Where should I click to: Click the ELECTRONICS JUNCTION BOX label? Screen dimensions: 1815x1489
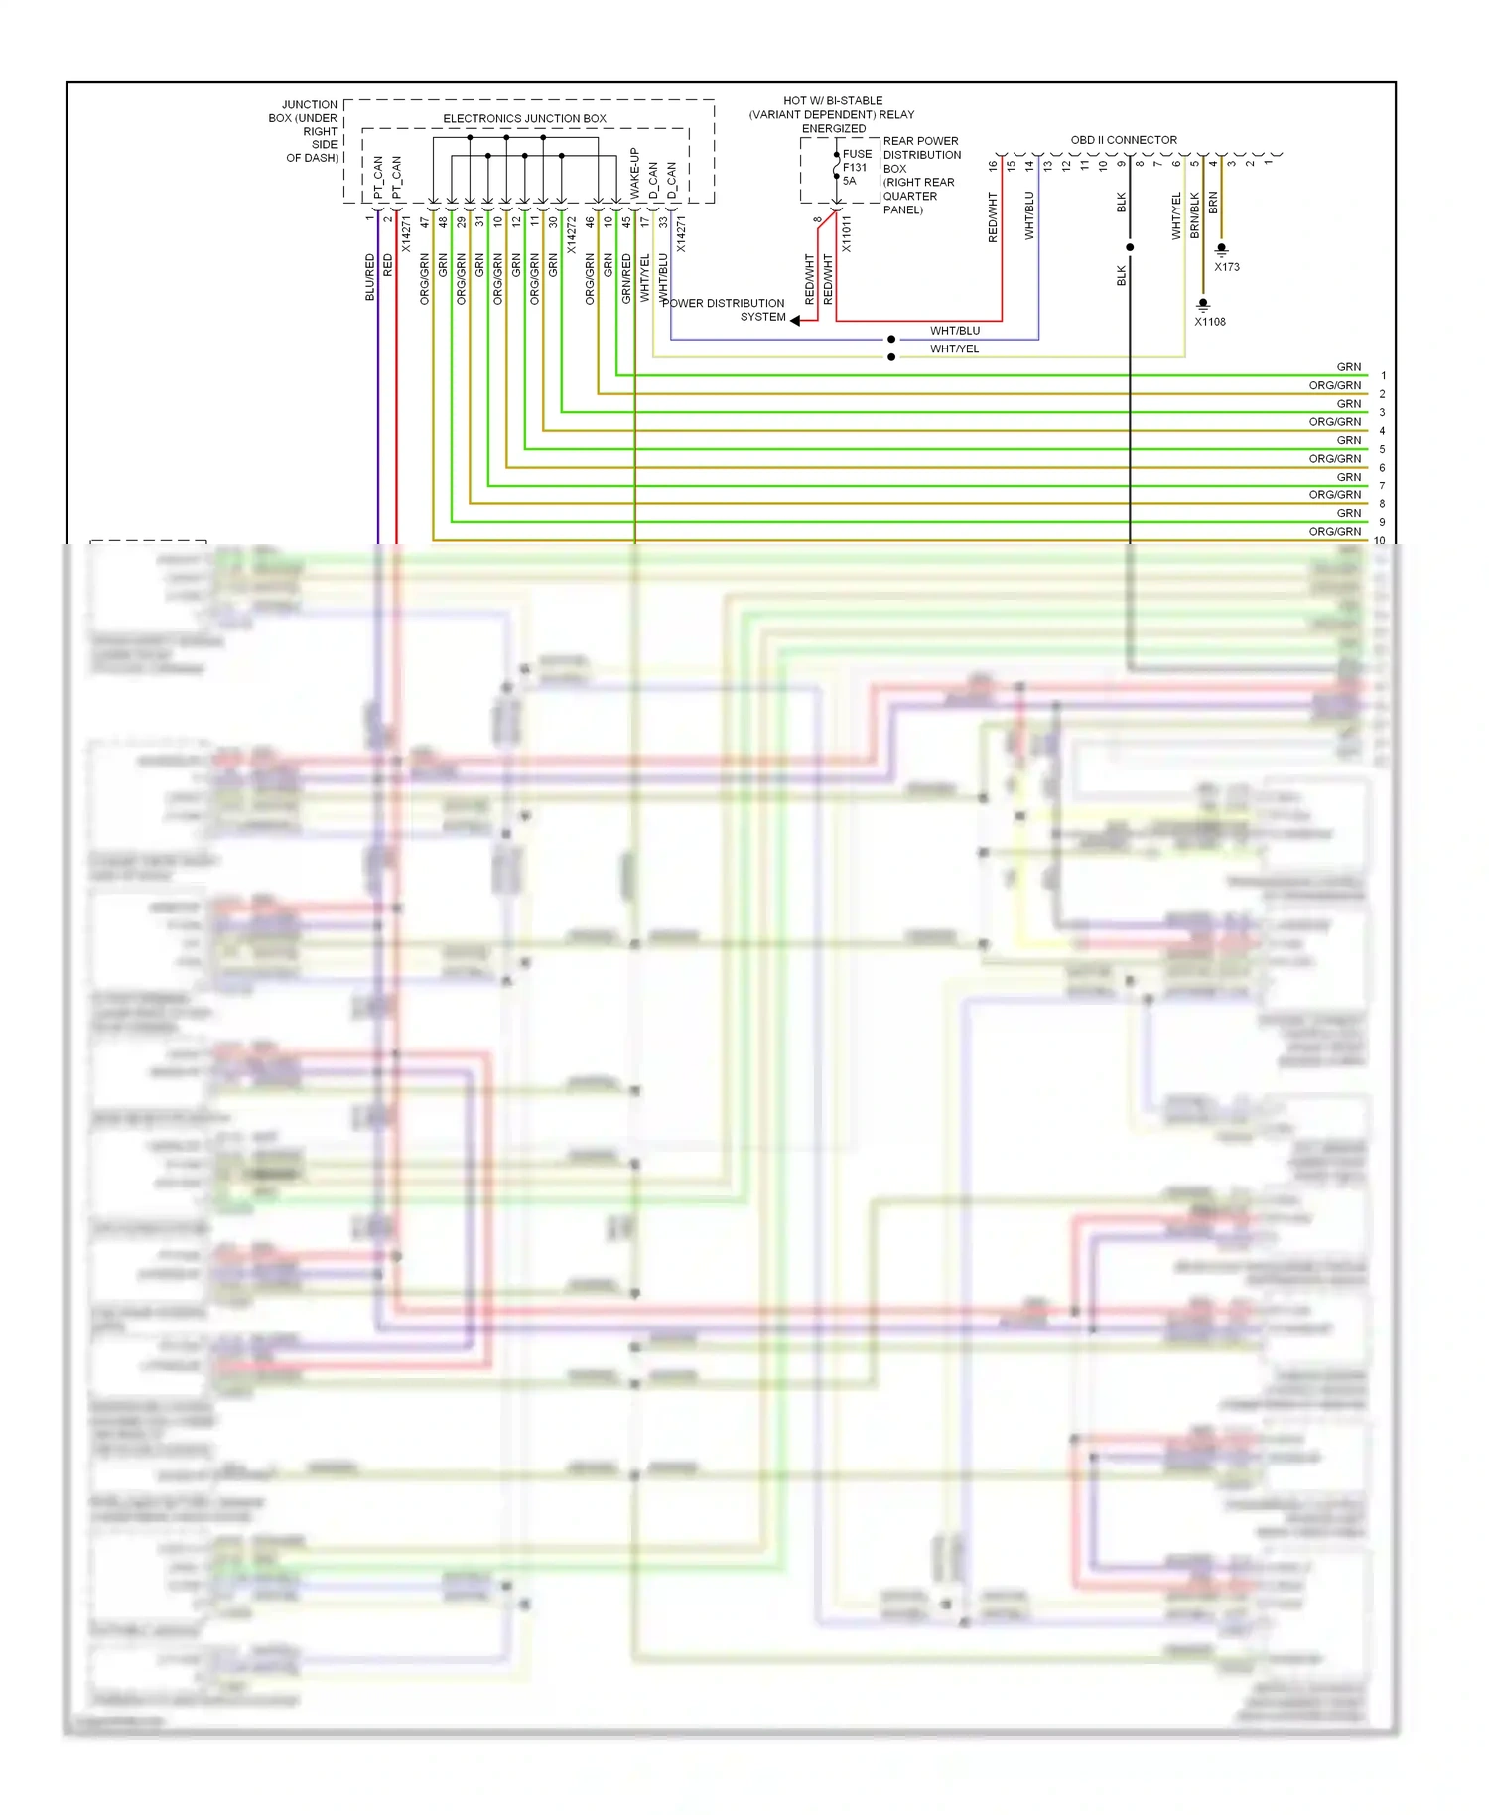point(524,118)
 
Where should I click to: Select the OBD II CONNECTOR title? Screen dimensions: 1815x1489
point(1124,140)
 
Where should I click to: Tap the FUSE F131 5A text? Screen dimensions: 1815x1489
point(856,168)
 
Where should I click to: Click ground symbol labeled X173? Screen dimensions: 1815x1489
point(1222,249)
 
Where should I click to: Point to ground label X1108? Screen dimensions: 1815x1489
point(1210,322)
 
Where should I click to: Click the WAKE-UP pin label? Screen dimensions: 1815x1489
point(634,174)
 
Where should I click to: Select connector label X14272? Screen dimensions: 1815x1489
point(571,235)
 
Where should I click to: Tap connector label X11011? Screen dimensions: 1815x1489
point(846,234)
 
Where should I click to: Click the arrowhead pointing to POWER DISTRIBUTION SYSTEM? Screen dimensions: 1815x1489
point(795,320)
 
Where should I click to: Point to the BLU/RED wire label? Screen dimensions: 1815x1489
point(369,277)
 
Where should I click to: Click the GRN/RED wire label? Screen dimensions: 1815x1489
point(626,278)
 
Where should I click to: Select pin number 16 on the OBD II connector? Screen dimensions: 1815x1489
point(993,166)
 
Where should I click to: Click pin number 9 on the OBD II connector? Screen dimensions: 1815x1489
point(1122,164)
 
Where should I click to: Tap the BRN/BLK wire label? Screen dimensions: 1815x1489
point(1195,214)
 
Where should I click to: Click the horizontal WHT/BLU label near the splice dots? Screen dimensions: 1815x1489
point(955,331)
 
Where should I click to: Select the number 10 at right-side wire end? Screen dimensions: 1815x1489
point(1380,541)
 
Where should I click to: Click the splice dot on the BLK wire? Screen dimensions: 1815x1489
point(1130,247)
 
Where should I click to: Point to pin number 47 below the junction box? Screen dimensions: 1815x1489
point(425,222)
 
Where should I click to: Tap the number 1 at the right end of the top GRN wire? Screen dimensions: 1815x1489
point(1383,376)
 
